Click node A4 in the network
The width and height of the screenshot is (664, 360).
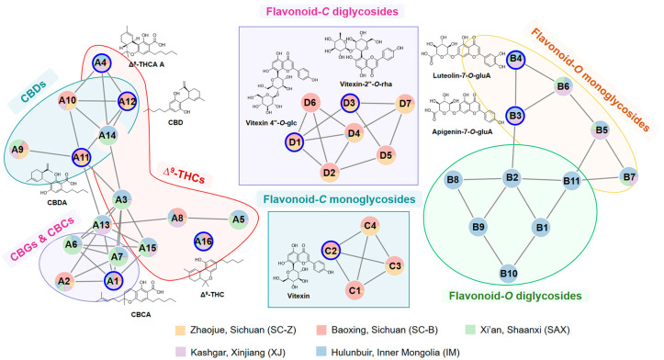(102, 63)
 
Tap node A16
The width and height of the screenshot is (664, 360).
(205, 241)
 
